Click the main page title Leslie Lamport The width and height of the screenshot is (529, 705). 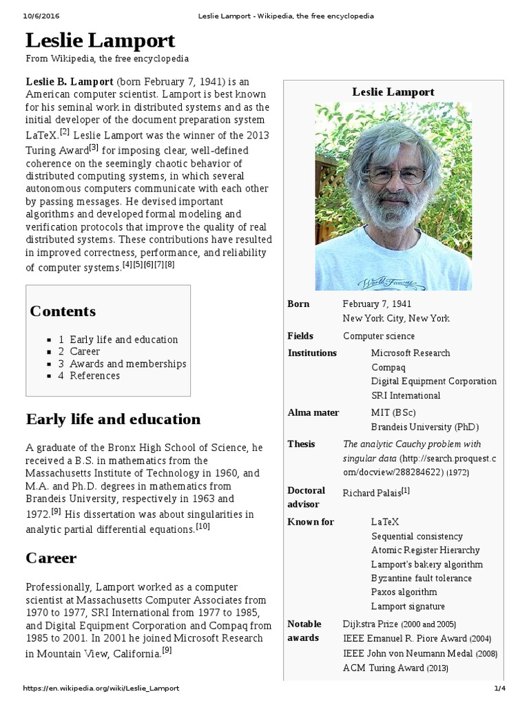coord(101,40)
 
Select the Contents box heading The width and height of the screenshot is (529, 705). coord(63,311)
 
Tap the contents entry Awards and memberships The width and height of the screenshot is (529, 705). coord(127,364)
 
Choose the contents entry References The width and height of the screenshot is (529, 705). coord(94,376)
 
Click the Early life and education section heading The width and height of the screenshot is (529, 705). coord(113,419)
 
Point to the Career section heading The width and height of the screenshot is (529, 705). coord(51,558)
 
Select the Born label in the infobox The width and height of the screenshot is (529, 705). coord(298,304)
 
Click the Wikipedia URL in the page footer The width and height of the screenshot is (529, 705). coord(101,688)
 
